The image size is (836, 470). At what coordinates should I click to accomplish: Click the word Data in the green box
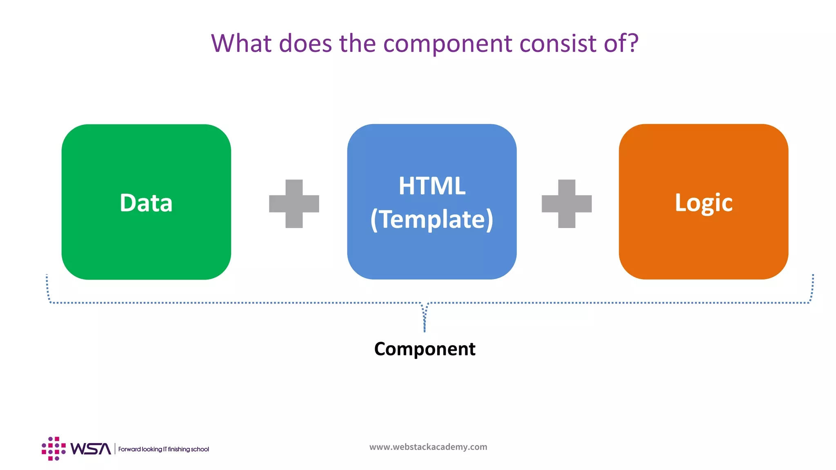click(146, 203)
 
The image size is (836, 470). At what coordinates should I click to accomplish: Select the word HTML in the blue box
click(432, 186)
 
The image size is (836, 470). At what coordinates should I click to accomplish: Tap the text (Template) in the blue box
click(432, 219)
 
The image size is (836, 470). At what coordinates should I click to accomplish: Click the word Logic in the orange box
click(703, 203)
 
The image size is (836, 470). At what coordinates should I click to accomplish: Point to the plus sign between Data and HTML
click(294, 204)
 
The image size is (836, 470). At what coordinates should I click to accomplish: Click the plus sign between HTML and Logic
click(567, 204)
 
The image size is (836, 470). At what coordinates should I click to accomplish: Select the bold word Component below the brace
click(425, 349)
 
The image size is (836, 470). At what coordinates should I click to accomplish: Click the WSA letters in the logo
click(90, 449)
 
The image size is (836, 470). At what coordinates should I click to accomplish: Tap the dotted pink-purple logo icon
click(53, 448)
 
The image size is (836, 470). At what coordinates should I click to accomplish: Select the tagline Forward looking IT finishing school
click(163, 449)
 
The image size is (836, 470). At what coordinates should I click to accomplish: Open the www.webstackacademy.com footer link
click(428, 447)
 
